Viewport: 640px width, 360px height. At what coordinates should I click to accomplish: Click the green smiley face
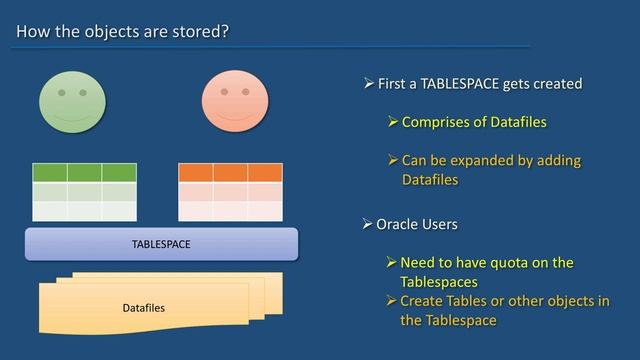72,100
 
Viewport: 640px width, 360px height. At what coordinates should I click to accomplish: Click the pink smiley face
234,100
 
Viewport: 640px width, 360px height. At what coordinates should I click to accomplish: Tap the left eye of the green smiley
60,93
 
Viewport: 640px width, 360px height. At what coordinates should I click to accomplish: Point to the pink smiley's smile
234,114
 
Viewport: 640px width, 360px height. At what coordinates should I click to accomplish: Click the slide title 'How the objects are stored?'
123,31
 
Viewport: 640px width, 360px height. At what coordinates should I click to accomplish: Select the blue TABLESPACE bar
161,244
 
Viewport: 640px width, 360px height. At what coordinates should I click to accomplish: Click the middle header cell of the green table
85,172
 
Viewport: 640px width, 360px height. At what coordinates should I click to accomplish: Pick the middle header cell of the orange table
230,172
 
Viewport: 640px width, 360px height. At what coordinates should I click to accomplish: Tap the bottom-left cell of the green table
50,211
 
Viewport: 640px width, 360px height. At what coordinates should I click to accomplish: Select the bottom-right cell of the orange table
265,211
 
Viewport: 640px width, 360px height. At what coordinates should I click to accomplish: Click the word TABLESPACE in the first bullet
465,84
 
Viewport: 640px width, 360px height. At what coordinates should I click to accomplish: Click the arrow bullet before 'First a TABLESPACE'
368,84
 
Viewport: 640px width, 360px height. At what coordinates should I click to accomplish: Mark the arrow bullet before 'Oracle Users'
368,224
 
